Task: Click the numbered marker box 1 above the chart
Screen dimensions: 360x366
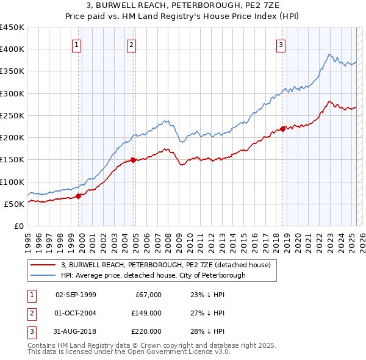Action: point(76,44)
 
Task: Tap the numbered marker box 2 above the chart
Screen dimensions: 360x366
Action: point(132,44)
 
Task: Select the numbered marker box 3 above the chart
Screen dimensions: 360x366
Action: point(281,44)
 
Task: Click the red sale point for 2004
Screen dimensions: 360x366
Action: point(134,160)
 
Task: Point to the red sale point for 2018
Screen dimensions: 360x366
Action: point(283,129)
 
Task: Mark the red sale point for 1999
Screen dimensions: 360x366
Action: point(79,196)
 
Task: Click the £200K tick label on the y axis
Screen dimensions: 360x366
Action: point(12,138)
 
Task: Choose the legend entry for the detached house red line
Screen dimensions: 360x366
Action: point(170,265)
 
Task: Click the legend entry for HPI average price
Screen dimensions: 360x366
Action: point(152,275)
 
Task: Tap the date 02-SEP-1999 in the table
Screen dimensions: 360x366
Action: point(76,295)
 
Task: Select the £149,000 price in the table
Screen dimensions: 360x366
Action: point(147,313)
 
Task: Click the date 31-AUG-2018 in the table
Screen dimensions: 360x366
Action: point(76,331)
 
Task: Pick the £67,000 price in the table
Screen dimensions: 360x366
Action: point(149,295)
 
